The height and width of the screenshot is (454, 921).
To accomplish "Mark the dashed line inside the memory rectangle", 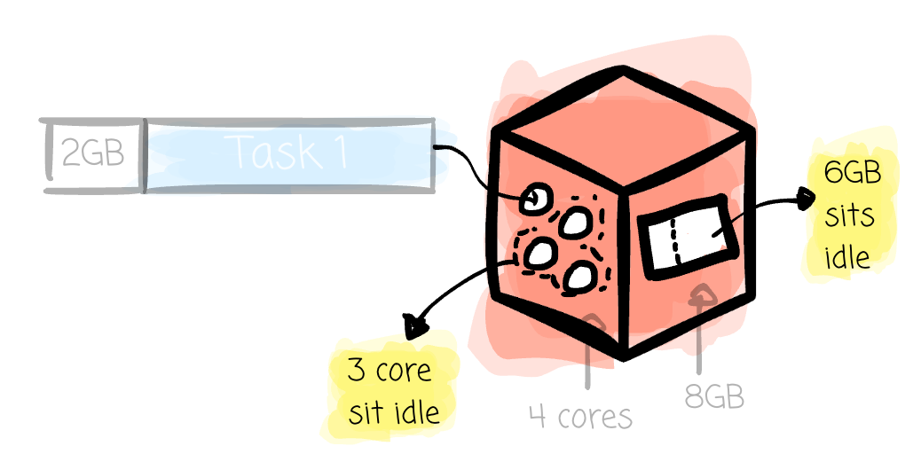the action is (675, 241).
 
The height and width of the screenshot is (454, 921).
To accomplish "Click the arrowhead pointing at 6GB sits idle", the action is (805, 198).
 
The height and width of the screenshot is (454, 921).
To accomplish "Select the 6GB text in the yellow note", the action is (853, 172).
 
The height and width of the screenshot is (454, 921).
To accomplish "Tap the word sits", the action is (849, 216).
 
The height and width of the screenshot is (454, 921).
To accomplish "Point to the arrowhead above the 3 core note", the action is (414, 326).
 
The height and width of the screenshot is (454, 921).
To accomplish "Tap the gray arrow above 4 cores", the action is (589, 351).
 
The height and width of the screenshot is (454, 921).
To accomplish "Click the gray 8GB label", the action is (714, 396).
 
